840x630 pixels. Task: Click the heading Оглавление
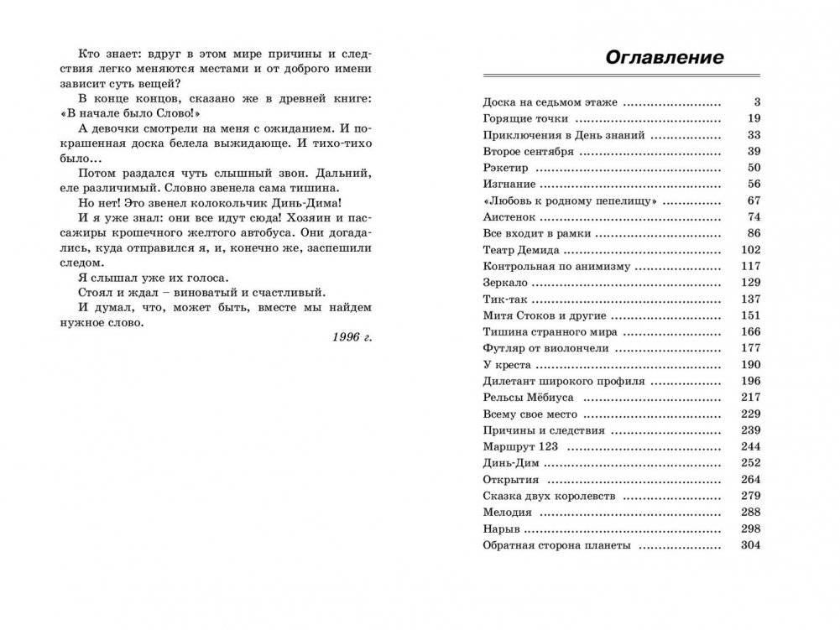[x=664, y=57]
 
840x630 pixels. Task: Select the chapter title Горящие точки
[x=516, y=118]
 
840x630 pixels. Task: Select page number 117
[x=749, y=266]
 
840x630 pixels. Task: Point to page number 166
[x=749, y=332]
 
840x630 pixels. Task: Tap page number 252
[x=749, y=463]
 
